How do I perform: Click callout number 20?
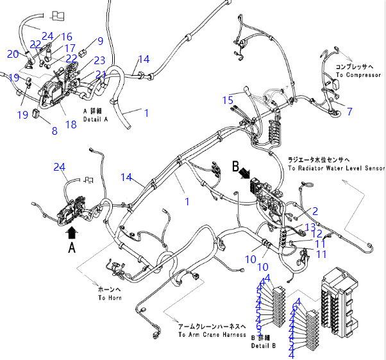tap(13, 54)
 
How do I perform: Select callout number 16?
tap(67, 37)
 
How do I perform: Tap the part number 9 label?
tap(100, 41)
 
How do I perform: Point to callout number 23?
tap(99, 60)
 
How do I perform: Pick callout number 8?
tap(55, 130)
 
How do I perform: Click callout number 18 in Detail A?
tap(71, 124)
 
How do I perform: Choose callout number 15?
tap(228, 100)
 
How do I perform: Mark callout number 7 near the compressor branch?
tap(349, 111)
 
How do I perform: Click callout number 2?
tap(315, 210)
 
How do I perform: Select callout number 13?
tap(310, 227)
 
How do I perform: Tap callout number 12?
tap(317, 234)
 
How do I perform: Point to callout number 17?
tap(71, 47)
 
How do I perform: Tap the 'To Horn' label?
tap(109, 298)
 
